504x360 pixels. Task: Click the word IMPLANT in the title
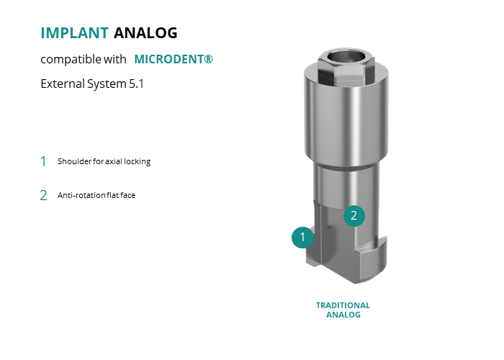pyautogui.click(x=75, y=33)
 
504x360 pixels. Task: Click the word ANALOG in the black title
pyautogui.click(x=145, y=33)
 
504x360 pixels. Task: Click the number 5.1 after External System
pyautogui.click(x=136, y=84)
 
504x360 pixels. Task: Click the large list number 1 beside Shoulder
pyautogui.click(x=43, y=161)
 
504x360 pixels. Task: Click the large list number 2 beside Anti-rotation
pyautogui.click(x=43, y=195)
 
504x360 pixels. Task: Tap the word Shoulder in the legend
pyautogui.click(x=74, y=161)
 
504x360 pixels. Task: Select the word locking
pyautogui.click(x=138, y=161)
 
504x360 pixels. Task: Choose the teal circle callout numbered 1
pyautogui.click(x=302, y=237)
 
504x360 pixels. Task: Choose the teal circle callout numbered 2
pyautogui.click(x=354, y=216)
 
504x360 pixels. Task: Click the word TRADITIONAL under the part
pyautogui.click(x=343, y=305)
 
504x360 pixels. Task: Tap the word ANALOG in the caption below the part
pyautogui.click(x=343, y=315)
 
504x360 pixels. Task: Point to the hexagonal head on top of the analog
pyautogui.click(x=346, y=68)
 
